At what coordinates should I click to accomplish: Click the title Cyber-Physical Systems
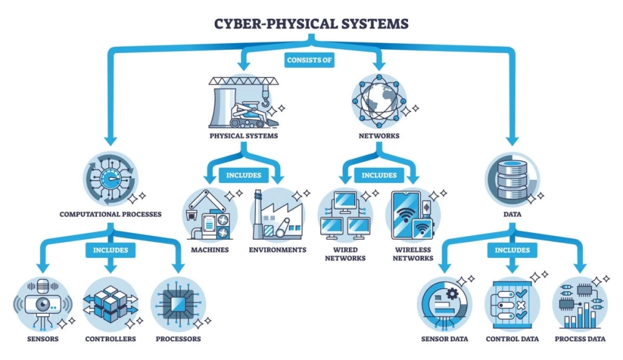click(311, 24)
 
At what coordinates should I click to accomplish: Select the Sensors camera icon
click(42, 304)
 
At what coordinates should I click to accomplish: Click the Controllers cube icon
click(110, 304)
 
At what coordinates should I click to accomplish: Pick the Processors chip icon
click(178, 304)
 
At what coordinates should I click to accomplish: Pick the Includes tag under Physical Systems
click(244, 175)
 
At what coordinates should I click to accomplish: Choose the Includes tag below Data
click(512, 250)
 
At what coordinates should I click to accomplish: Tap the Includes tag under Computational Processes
click(110, 250)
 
